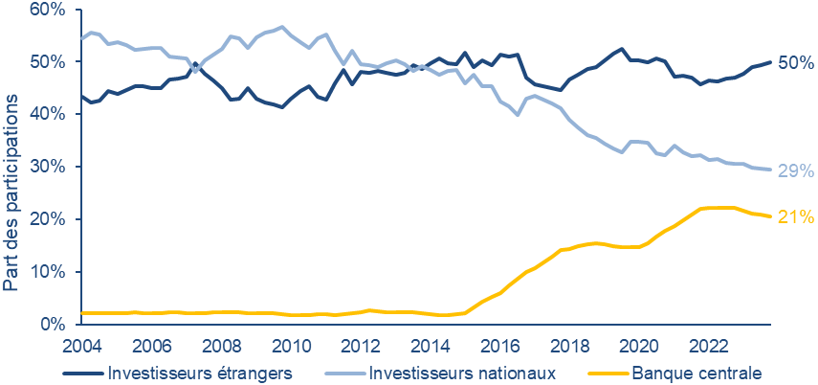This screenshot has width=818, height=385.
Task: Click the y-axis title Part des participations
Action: (x=11, y=192)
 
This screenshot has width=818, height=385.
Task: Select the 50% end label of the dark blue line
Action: (x=795, y=63)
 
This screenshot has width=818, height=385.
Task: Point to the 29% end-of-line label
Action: (x=795, y=170)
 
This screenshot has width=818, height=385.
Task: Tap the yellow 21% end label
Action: (x=795, y=217)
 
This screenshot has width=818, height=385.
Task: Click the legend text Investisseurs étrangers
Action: (x=200, y=371)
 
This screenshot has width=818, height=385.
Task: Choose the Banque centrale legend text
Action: (x=694, y=371)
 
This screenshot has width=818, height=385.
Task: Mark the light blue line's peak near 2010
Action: (x=282, y=26)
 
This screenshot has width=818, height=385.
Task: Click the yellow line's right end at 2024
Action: (x=771, y=216)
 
